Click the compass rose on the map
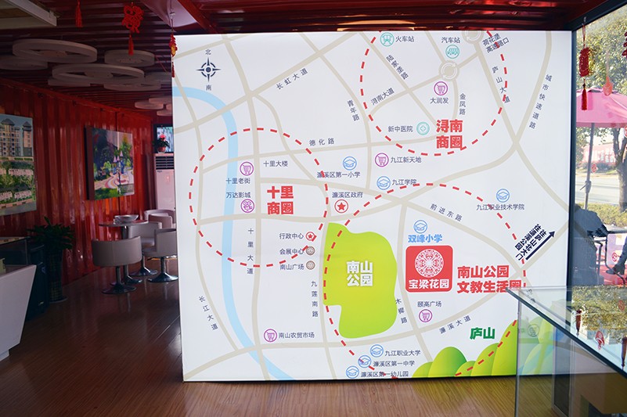click(208, 70)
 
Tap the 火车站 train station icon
click(387, 38)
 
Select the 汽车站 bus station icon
click(452, 52)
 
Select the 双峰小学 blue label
click(425, 238)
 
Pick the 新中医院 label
click(400, 128)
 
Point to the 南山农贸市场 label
click(296, 335)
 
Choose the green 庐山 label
click(482, 333)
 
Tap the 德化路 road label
click(322, 142)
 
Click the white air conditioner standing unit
click(164, 181)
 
